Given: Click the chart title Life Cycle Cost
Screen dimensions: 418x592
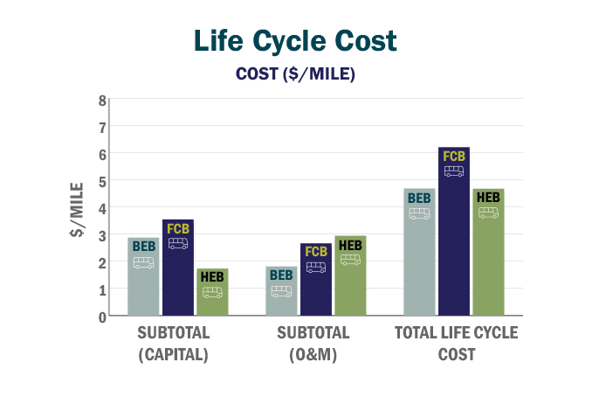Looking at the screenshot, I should point(295,41).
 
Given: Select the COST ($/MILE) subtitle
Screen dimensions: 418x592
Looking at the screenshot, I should point(295,74).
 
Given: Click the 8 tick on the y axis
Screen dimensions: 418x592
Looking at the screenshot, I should point(102,100).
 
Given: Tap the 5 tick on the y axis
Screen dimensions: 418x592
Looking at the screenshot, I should point(102,181).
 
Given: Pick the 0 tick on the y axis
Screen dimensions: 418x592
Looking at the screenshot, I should point(102,317).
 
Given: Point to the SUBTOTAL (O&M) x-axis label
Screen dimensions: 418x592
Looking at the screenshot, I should point(314,344).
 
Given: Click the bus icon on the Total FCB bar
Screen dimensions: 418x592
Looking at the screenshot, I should point(454,171).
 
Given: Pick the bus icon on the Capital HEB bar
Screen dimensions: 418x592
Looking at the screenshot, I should point(212,293).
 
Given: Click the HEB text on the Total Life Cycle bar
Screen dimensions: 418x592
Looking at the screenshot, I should point(488,197).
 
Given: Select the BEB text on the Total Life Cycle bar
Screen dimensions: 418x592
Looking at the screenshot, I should point(419,198).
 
